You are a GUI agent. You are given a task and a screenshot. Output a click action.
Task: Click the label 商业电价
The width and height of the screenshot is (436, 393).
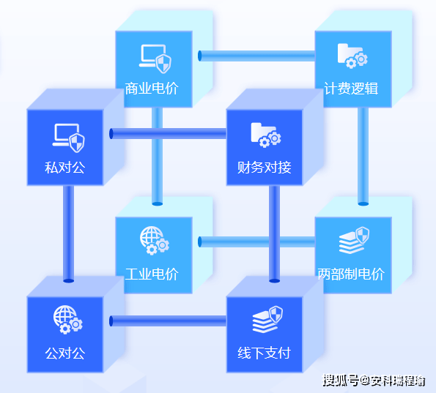coord(152,89)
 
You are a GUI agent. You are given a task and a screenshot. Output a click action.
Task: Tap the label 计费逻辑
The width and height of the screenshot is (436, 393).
coord(351,89)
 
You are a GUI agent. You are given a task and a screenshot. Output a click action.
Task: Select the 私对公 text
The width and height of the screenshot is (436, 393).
coord(64,168)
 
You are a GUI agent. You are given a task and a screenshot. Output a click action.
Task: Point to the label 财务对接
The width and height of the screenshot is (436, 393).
coord(264,168)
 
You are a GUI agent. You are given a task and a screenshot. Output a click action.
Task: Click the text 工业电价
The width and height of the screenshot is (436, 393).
coord(152,274)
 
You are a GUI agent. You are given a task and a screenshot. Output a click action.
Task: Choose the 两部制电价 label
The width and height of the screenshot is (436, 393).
coord(351,274)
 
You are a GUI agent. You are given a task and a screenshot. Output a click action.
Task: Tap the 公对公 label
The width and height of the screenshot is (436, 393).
coord(64,353)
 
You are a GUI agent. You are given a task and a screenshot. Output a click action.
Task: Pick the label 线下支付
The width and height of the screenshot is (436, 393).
coord(264,353)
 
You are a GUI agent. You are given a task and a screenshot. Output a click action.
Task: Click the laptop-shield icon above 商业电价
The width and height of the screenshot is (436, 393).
coord(155,59)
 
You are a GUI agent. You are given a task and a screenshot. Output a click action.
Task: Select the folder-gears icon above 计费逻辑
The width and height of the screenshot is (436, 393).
coord(352,56)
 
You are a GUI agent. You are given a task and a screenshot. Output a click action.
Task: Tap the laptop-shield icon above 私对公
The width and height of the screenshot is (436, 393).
coord(68,138)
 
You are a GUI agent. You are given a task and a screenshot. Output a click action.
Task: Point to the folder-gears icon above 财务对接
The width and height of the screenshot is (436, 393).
coord(266,135)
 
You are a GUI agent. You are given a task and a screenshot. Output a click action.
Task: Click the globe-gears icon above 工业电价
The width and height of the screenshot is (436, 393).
coord(155,241)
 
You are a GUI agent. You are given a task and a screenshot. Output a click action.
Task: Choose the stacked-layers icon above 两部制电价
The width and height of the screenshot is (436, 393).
coord(354,240)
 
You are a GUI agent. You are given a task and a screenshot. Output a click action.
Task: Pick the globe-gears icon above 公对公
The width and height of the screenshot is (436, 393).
coord(68,320)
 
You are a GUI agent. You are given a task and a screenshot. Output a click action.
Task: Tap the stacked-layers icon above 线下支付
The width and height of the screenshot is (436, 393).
coord(267,319)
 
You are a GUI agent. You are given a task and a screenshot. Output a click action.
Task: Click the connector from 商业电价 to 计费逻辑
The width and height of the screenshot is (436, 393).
coord(256,56)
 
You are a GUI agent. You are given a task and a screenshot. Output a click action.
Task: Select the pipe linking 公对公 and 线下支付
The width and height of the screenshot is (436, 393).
coord(168,321)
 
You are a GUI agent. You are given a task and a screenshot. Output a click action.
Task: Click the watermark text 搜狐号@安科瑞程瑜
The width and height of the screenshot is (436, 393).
coord(374,381)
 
